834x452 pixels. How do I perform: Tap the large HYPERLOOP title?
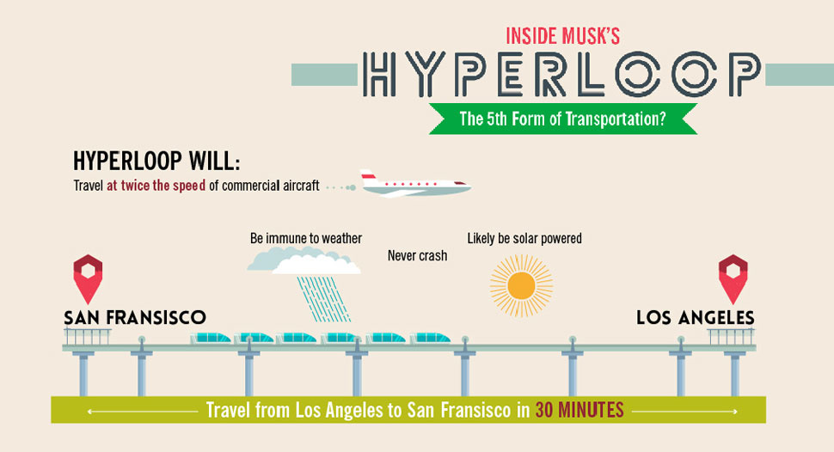(561, 75)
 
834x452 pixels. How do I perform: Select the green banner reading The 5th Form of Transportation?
(562, 119)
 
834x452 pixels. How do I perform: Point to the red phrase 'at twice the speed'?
(156, 185)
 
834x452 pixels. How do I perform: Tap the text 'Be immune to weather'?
(306, 238)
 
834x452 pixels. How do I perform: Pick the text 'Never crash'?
(417, 255)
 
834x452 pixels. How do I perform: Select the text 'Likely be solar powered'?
(524, 238)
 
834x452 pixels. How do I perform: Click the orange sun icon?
(521, 285)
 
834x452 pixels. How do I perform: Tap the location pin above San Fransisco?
(89, 277)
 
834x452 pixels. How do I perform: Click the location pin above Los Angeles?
(733, 277)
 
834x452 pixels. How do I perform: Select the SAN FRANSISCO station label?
(135, 318)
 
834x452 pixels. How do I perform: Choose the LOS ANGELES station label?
(695, 318)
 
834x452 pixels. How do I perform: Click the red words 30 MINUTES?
(579, 410)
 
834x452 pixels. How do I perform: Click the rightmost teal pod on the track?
(430, 338)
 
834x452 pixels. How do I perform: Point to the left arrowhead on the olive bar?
(90, 411)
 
